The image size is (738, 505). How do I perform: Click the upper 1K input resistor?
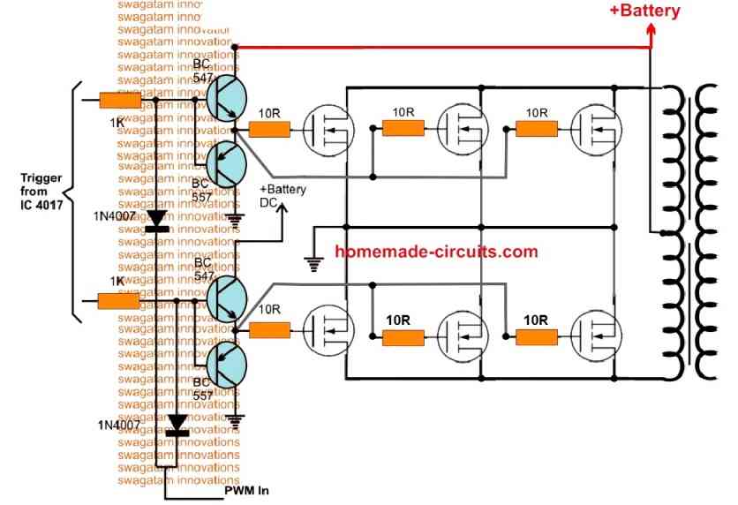tap(120, 102)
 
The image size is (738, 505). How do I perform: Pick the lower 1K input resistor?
tap(118, 301)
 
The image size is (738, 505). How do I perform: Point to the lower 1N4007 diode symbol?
tap(178, 426)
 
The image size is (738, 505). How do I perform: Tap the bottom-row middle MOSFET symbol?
tap(462, 336)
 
